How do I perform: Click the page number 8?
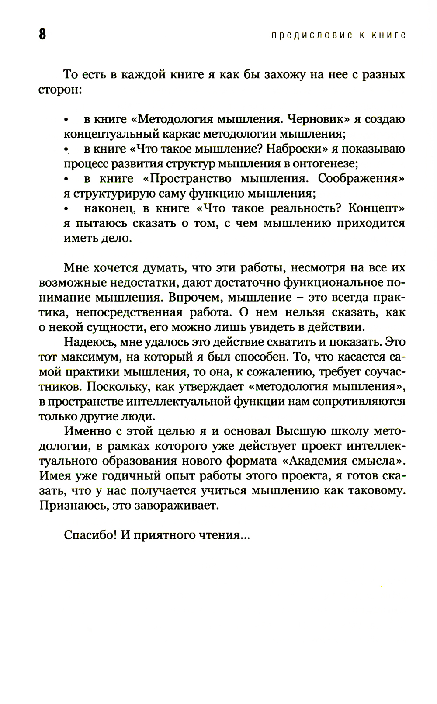tap(42, 35)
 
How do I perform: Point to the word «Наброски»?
tap(297, 149)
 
